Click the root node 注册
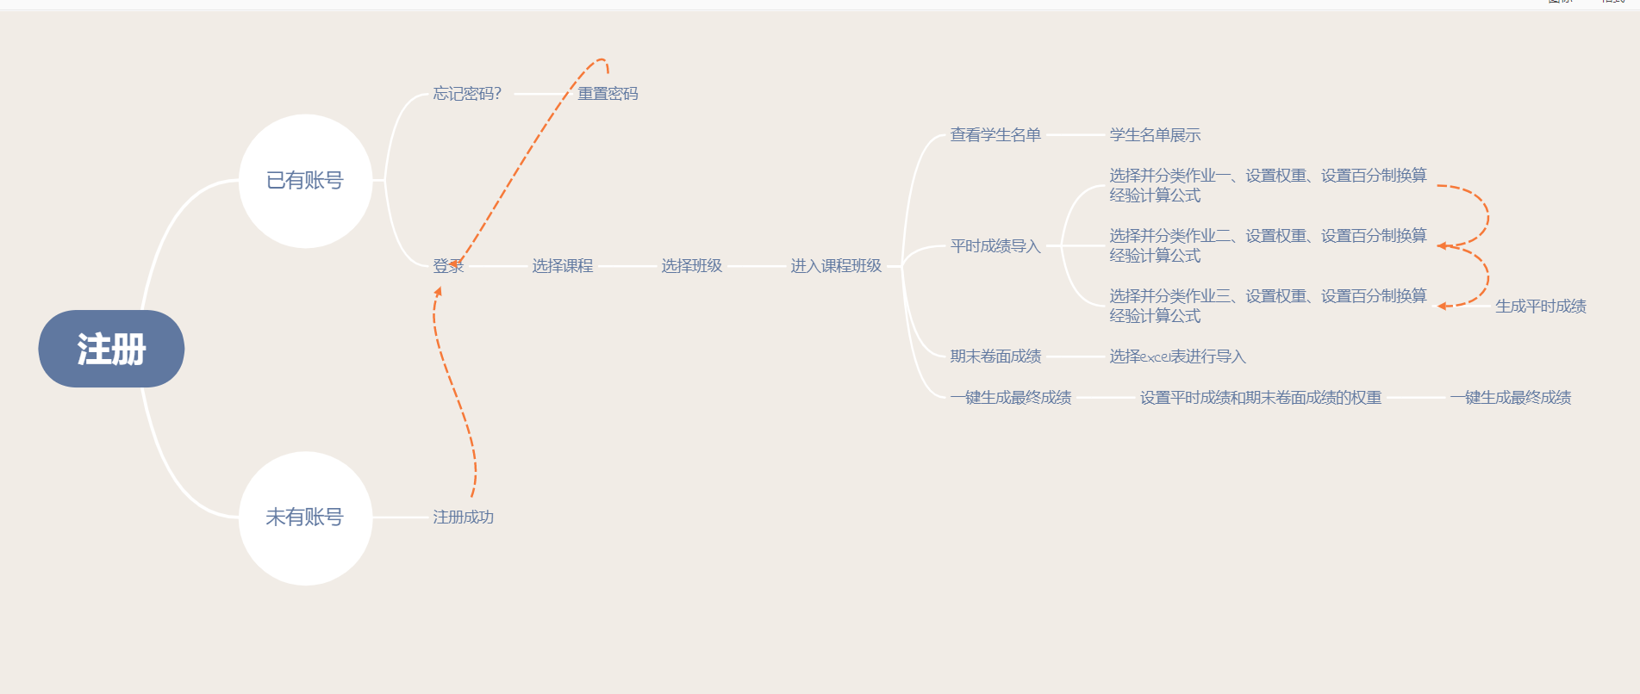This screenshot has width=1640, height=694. pyautogui.click(x=111, y=349)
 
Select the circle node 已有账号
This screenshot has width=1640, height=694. pyautogui.click(x=305, y=181)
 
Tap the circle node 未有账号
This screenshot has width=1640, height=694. pyautogui.click(x=305, y=517)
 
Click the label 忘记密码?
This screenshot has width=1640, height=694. pyautogui.click(x=467, y=94)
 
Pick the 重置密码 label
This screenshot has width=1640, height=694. pyautogui.click(x=608, y=94)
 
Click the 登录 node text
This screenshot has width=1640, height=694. pyautogui.click(x=448, y=266)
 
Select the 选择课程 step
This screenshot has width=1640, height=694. pyautogui.click(x=563, y=266)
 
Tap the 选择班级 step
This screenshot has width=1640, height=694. pyautogui.click(x=692, y=266)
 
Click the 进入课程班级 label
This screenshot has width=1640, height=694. pyautogui.click(x=836, y=266)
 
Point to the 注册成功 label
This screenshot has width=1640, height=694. pyautogui.click(x=463, y=517)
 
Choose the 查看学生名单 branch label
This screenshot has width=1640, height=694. pyautogui.click(x=995, y=135)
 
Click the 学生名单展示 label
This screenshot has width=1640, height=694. pyautogui.click(x=1155, y=135)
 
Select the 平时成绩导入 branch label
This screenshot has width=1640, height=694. pyautogui.click(x=995, y=246)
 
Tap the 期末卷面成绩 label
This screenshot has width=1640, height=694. pyautogui.click(x=995, y=356)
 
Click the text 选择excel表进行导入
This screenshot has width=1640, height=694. pyautogui.click(x=1177, y=356)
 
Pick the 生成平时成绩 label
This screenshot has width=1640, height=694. pyautogui.click(x=1541, y=307)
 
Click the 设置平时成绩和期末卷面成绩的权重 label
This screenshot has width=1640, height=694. pyautogui.click(x=1261, y=398)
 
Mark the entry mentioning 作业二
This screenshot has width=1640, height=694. pyautogui.click(x=1268, y=245)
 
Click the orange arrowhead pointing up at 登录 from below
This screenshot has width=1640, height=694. pyautogui.click(x=439, y=292)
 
